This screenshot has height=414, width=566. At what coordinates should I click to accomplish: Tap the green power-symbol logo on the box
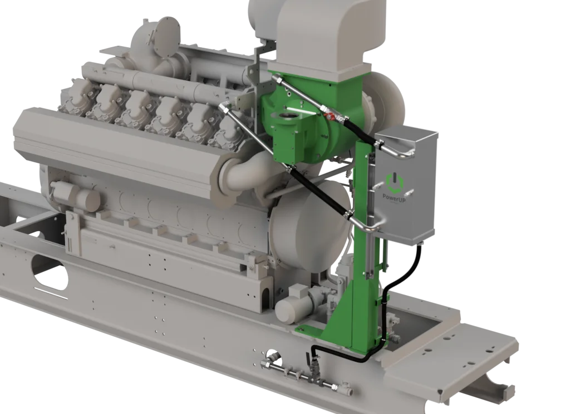[394, 182]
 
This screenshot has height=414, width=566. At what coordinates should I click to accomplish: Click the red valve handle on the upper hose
[328, 116]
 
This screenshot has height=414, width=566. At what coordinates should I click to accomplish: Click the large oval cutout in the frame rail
[50, 273]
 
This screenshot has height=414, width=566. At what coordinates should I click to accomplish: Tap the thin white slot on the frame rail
[51, 292]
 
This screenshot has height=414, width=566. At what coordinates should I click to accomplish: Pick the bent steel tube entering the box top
[396, 151]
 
